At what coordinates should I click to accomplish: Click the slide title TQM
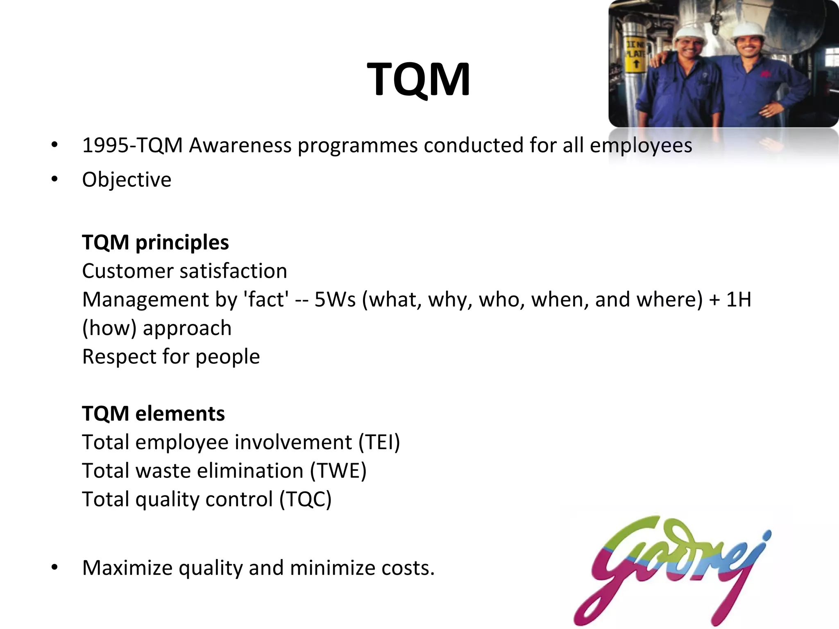pyautogui.click(x=418, y=79)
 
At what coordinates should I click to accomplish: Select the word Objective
pyautogui.click(x=127, y=180)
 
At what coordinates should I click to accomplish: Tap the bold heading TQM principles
pyautogui.click(x=155, y=242)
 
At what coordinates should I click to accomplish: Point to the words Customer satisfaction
pyautogui.click(x=184, y=271)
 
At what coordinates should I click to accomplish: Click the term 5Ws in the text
pyautogui.click(x=335, y=299)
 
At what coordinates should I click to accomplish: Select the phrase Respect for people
pyautogui.click(x=171, y=357)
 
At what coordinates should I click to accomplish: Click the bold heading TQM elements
pyautogui.click(x=153, y=414)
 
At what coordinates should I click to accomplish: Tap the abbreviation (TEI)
pyautogui.click(x=379, y=442)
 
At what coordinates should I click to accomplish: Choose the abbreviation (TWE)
pyautogui.click(x=338, y=471)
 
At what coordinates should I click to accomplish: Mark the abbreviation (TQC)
pyautogui.click(x=305, y=500)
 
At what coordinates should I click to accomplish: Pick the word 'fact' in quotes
pyautogui.click(x=266, y=299)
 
